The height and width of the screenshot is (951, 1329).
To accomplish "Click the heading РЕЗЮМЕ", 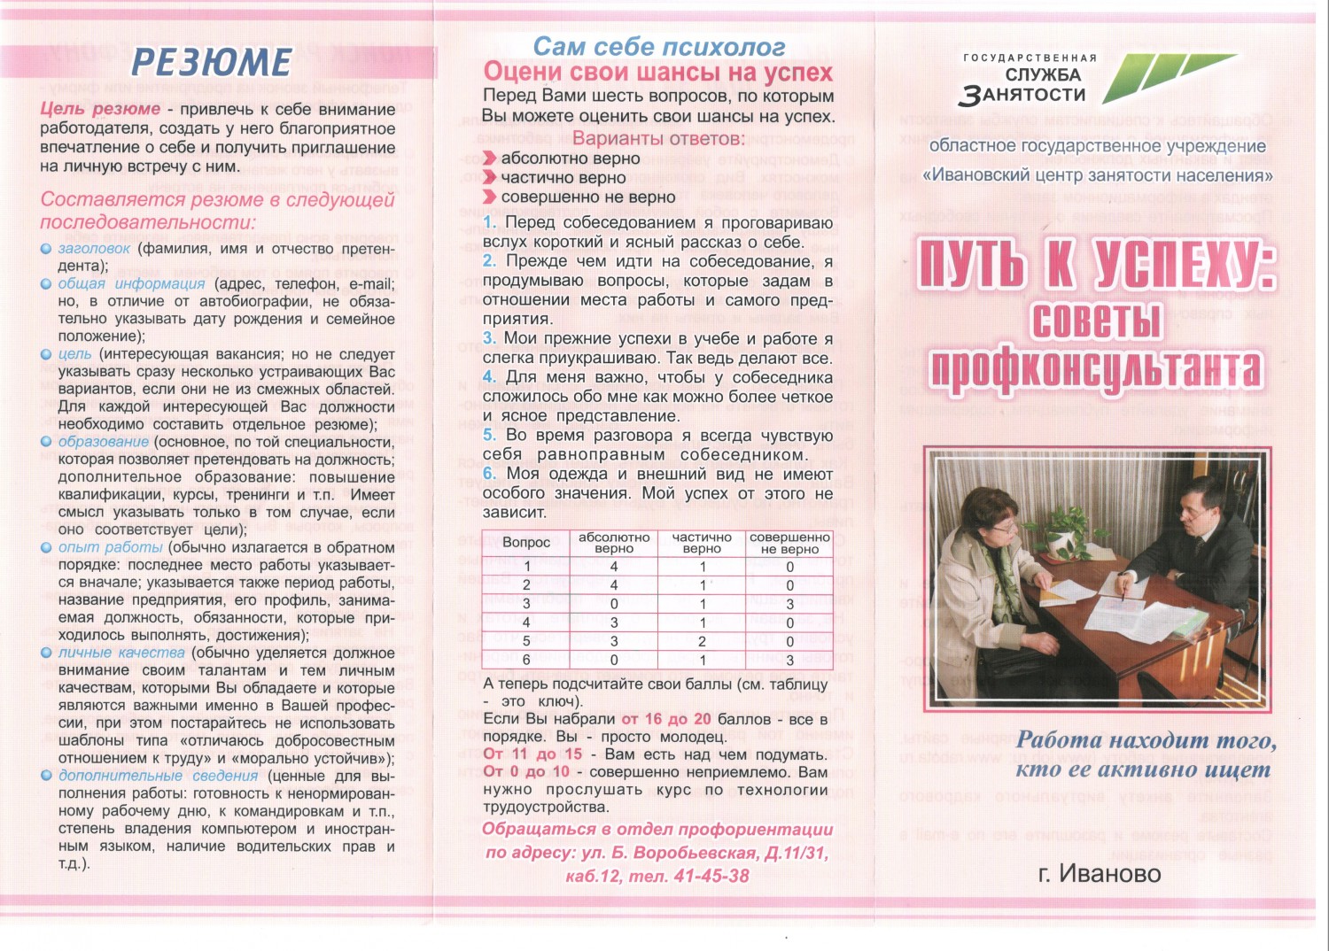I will [x=212, y=62].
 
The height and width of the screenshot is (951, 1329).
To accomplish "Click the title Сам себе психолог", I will [x=658, y=46].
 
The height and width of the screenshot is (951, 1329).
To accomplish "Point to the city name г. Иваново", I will [x=1099, y=874].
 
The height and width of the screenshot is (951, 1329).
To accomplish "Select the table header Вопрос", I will [x=526, y=542].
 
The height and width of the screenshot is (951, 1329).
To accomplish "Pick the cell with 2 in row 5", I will [x=702, y=641].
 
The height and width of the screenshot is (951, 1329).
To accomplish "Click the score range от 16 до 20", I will [x=665, y=719].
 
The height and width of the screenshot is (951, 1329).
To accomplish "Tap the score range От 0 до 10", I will [x=526, y=772].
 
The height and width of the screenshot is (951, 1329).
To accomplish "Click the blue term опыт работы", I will [x=111, y=547].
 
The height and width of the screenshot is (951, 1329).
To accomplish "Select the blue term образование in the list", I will [x=104, y=441].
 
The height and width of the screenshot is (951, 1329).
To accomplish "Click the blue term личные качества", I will [x=121, y=653].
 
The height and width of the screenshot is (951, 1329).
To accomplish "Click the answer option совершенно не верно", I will [x=587, y=197].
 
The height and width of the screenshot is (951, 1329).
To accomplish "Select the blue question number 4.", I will [x=489, y=377].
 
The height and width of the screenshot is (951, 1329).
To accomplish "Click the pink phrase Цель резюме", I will [x=100, y=109].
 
